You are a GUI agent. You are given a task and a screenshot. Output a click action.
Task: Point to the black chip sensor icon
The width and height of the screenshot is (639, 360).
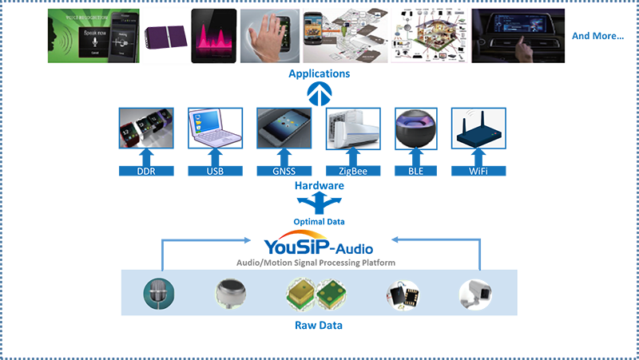(x=399, y=295)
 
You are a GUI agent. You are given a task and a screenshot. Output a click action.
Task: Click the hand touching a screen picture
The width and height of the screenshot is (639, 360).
(x=270, y=35)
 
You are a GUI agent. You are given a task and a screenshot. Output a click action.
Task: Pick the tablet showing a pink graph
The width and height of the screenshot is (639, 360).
(x=213, y=35)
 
